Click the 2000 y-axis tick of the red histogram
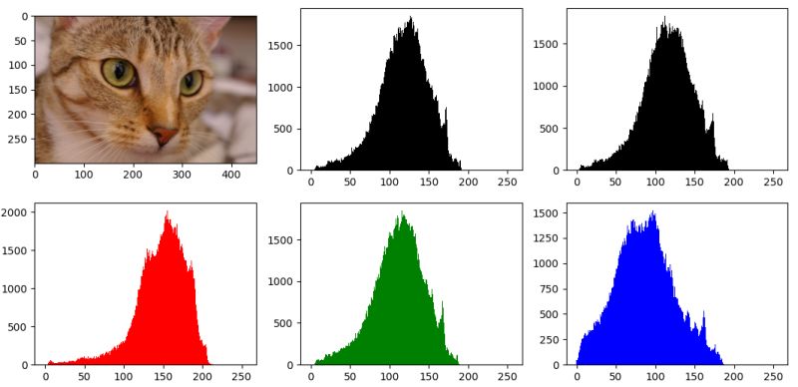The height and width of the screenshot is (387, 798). point(35,212)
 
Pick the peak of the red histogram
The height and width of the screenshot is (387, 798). point(167,211)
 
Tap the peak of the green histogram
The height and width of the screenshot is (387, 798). point(403,211)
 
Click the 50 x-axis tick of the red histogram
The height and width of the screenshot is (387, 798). point(84,365)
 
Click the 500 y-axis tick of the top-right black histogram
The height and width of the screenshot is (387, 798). point(567,129)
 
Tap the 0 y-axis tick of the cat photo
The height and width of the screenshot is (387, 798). point(35,17)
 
